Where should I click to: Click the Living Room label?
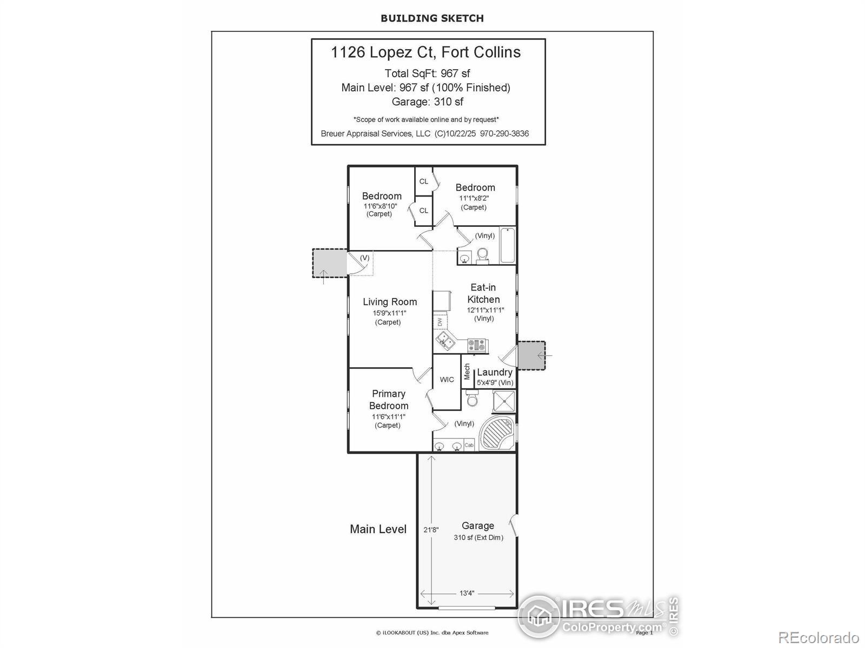pyautogui.click(x=389, y=302)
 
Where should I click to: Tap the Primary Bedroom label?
pyautogui.click(x=389, y=400)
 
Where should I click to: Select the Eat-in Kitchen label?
pyautogui.click(x=483, y=293)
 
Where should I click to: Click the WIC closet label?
pyautogui.click(x=447, y=380)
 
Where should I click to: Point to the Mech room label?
pyautogui.click(x=467, y=372)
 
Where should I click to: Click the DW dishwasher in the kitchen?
pyautogui.click(x=440, y=322)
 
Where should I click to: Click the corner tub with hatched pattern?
pyautogui.click(x=496, y=433)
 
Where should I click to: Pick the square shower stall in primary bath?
pyautogui.click(x=504, y=401)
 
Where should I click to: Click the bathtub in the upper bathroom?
pyautogui.click(x=508, y=245)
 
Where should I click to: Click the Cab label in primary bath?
pyautogui.click(x=469, y=446)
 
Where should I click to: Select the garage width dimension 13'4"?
pyautogui.click(x=467, y=593)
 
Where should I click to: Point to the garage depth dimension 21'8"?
pyautogui.click(x=431, y=530)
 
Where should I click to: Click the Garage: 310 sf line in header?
pyautogui.click(x=428, y=102)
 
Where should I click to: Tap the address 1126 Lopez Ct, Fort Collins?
pyautogui.click(x=426, y=52)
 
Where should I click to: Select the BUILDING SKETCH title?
pyautogui.click(x=432, y=18)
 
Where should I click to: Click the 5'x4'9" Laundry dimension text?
pyautogui.click(x=494, y=383)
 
